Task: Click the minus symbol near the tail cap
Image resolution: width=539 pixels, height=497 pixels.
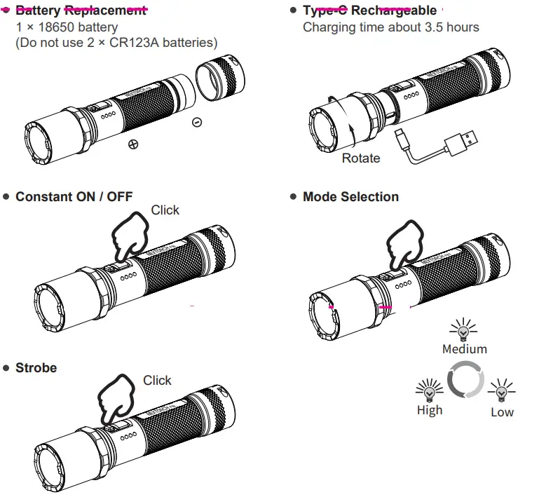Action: [x=197, y=122]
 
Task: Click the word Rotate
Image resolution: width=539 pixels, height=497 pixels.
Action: [x=361, y=158]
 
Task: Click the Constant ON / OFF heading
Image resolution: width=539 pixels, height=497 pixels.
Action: [x=74, y=197]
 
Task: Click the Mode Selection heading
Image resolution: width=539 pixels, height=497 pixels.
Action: [x=350, y=197]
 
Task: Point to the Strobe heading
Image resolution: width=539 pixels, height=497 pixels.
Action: [x=36, y=367]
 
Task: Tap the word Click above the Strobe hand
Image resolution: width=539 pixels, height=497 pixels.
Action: [x=157, y=381]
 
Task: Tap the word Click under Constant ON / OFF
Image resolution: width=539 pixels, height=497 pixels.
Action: [x=165, y=210]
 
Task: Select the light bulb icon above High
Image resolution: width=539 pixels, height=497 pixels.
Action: [x=429, y=390]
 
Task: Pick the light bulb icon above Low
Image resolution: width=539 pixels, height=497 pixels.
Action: [x=502, y=390]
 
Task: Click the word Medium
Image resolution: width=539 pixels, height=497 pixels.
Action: [x=464, y=348]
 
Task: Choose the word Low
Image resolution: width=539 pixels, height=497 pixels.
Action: [x=502, y=412]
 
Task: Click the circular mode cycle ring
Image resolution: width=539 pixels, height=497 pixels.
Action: [x=465, y=379]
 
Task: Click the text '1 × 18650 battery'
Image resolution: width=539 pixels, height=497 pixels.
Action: [x=67, y=27]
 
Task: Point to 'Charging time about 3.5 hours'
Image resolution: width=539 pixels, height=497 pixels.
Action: [x=391, y=27]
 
